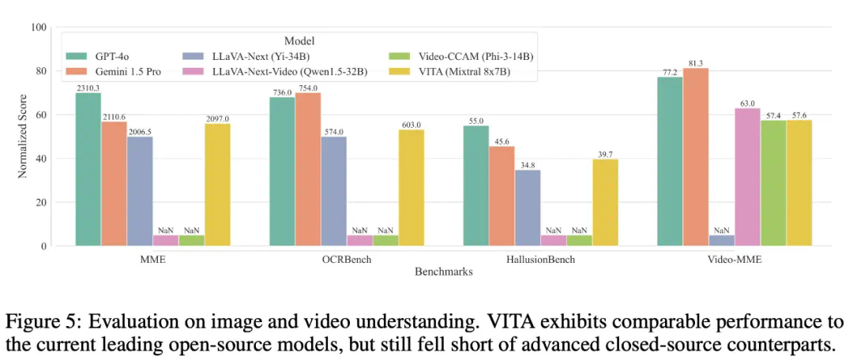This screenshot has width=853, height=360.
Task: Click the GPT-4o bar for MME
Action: (x=88, y=170)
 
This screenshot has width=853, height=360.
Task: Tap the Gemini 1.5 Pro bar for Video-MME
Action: (x=696, y=157)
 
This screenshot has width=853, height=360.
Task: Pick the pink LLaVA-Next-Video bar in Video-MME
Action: (x=747, y=177)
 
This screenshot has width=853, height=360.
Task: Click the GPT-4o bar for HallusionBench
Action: (x=475, y=186)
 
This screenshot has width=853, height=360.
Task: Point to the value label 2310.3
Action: (x=88, y=88)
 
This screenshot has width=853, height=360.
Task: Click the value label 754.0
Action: (x=308, y=88)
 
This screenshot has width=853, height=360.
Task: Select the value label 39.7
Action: (x=604, y=154)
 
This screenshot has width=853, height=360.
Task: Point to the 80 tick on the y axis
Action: (x=38, y=71)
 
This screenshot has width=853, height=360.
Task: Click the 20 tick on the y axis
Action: (x=38, y=202)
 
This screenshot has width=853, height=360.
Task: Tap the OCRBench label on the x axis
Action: (x=346, y=259)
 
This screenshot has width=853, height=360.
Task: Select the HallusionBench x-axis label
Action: (x=539, y=259)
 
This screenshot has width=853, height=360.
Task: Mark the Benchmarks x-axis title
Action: (x=443, y=272)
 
